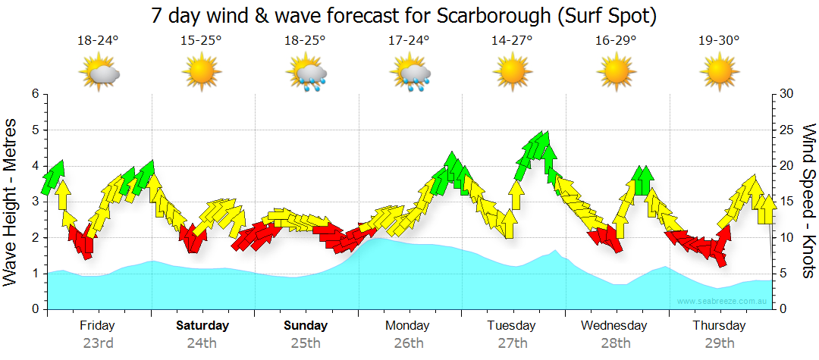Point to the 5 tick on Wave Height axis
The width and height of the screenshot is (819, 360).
(x=34, y=130)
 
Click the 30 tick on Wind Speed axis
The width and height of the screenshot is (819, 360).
(x=786, y=94)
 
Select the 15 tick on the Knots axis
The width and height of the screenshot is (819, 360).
(x=786, y=202)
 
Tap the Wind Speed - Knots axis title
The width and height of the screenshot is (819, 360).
(x=808, y=202)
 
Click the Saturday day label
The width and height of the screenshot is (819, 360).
(x=202, y=326)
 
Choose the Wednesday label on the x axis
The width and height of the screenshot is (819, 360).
(x=614, y=326)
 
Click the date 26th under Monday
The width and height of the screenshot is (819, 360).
(x=409, y=343)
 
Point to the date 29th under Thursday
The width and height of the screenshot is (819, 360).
(x=719, y=343)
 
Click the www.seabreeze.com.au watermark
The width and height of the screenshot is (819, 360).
(x=722, y=301)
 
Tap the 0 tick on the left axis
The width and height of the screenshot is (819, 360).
(x=34, y=309)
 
